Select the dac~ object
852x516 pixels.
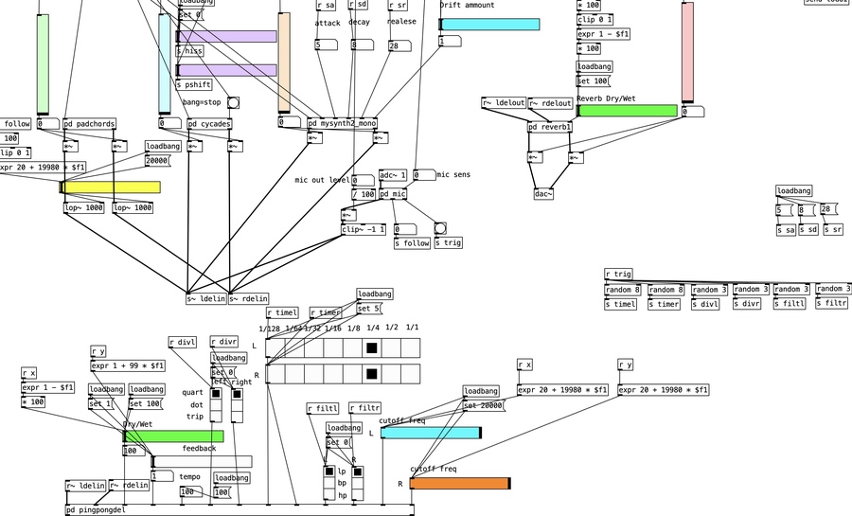click(543, 194)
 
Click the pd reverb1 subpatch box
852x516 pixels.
click(550, 127)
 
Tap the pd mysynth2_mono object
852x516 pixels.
click(342, 123)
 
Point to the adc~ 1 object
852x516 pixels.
click(393, 175)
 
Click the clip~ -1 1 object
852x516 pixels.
click(364, 229)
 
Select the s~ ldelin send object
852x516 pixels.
click(205, 299)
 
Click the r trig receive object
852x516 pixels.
click(618, 275)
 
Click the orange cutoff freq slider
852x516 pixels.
click(460, 484)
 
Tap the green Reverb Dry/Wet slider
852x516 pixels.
click(627, 111)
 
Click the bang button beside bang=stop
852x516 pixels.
click(233, 103)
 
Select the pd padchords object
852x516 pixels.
click(89, 123)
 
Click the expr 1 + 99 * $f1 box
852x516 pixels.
click(128, 365)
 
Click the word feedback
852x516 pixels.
click(199, 449)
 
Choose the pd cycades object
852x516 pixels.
click(208, 123)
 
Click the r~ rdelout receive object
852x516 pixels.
click(550, 103)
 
